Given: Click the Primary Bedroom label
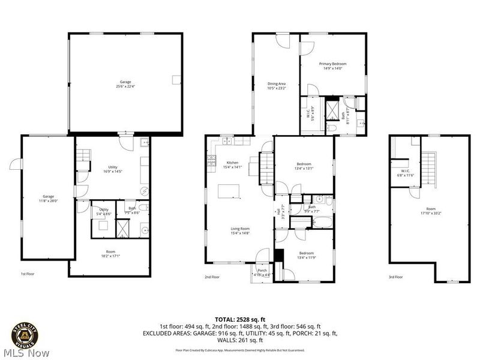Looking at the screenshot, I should pos(332,64).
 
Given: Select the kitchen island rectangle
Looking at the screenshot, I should pos(229,191).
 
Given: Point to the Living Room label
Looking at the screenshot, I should pos(240,229).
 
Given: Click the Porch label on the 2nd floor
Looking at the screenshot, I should pos(262,270).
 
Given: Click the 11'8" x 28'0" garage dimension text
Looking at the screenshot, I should pos(48,200).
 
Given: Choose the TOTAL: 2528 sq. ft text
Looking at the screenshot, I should pos(240,319).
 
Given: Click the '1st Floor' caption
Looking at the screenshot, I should pos(28,274).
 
